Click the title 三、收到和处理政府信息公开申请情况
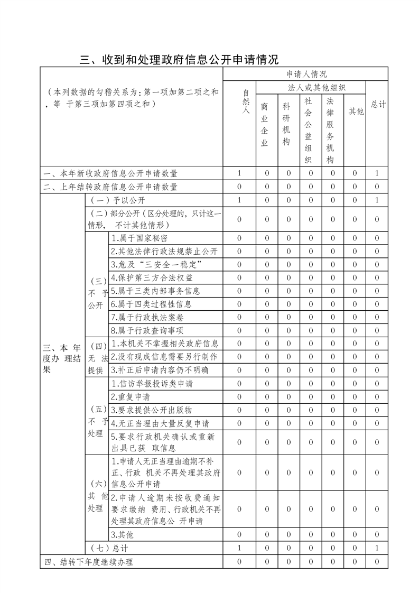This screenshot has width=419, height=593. [x=179, y=59]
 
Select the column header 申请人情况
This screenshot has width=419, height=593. [x=306, y=74]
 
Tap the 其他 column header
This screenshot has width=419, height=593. [x=356, y=112]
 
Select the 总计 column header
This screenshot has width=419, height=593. [x=377, y=105]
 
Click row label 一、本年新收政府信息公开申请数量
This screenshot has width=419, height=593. [x=110, y=173]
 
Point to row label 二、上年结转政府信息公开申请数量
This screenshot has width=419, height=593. [x=110, y=187]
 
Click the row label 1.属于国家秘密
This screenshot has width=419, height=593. [x=140, y=238]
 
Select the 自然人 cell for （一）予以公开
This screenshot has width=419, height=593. [x=239, y=200]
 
